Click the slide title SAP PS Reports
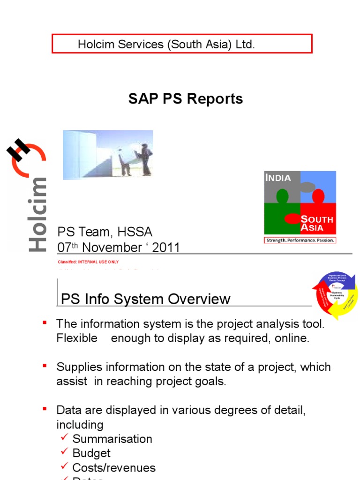click(x=186, y=99)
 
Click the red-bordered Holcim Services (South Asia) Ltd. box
click(x=182, y=44)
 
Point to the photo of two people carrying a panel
click(x=108, y=155)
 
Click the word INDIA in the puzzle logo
click(x=278, y=178)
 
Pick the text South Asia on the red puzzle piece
click(x=317, y=223)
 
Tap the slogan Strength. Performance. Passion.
click(x=300, y=240)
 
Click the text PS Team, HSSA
click(x=105, y=232)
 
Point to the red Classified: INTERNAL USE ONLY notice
click(x=88, y=262)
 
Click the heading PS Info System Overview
click(x=146, y=299)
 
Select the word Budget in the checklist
click(x=91, y=453)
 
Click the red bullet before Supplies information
click(x=45, y=365)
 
